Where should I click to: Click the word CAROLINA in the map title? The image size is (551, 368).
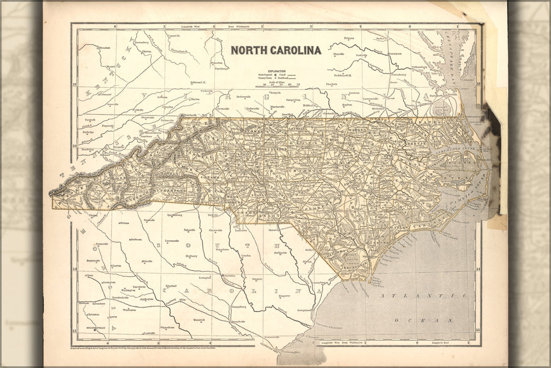point(295,50)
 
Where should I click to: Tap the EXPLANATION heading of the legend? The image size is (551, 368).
point(277,70)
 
